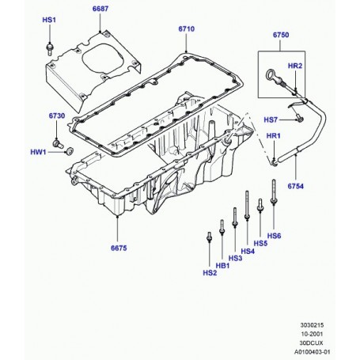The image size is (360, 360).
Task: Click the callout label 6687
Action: point(100,9)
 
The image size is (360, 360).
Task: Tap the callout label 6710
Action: point(187,28)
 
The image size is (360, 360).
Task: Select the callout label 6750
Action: point(281,35)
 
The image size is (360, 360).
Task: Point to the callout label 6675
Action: point(119,248)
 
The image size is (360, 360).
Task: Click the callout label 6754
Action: point(296,186)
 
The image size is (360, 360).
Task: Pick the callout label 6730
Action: point(57,116)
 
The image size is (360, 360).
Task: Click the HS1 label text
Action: point(49,20)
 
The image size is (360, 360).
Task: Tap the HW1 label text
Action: point(38,152)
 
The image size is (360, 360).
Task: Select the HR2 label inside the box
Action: point(295,66)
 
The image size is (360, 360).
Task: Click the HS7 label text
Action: point(271,120)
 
